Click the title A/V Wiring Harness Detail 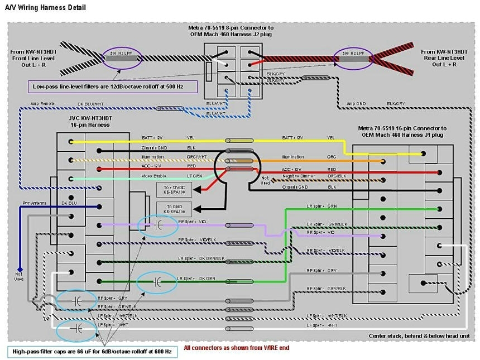tap(45, 8)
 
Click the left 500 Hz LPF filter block tap(122, 55)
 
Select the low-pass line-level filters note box tap(114, 87)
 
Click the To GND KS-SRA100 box tap(173, 209)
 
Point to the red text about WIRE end tap(236, 347)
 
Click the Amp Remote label tap(45, 104)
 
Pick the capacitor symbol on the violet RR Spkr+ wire tap(158, 224)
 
